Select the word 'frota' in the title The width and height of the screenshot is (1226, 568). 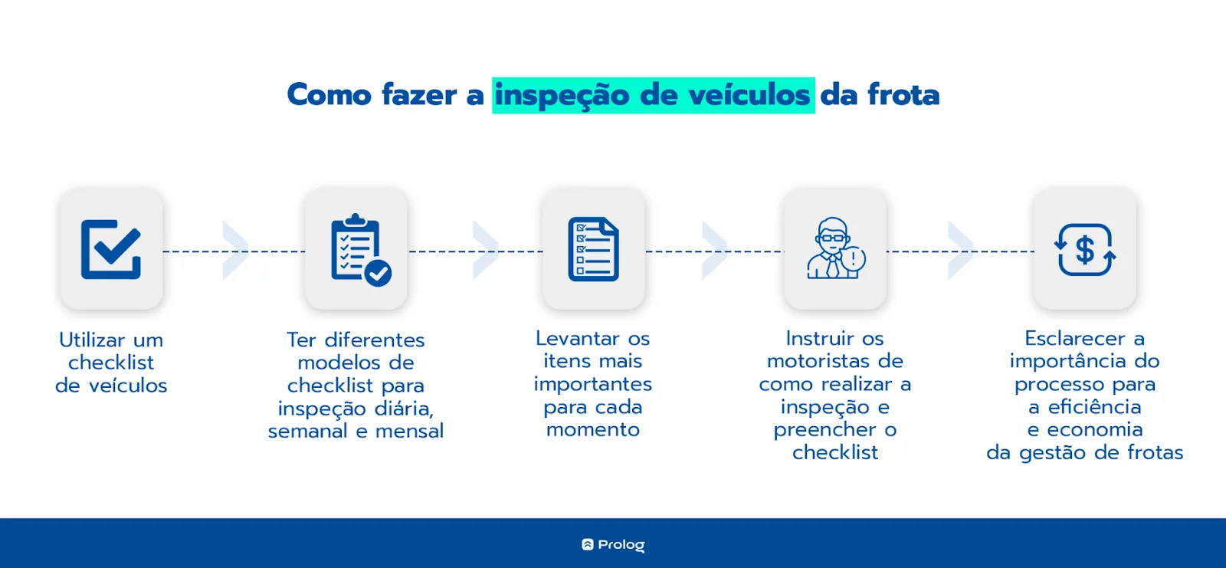pyautogui.click(x=903, y=95)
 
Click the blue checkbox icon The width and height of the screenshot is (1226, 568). pyautogui.click(x=111, y=249)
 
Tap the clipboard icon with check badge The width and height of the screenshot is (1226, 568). pyautogui.click(x=361, y=250)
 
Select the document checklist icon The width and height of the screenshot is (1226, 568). pyautogui.click(x=593, y=249)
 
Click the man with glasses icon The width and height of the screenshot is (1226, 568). pyautogui.click(x=835, y=248)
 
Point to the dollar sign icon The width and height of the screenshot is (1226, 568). pyautogui.click(x=1085, y=250)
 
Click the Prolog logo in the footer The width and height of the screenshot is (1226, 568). pyautogui.click(x=613, y=544)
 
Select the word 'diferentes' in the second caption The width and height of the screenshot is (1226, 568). pyautogui.click(x=375, y=340)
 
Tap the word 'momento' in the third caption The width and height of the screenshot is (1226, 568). pyautogui.click(x=593, y=430)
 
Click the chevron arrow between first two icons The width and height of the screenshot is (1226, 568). pyautogui.click(x=235, y=251)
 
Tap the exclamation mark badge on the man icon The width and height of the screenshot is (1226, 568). pyautogui.click(x=854, y=258)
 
